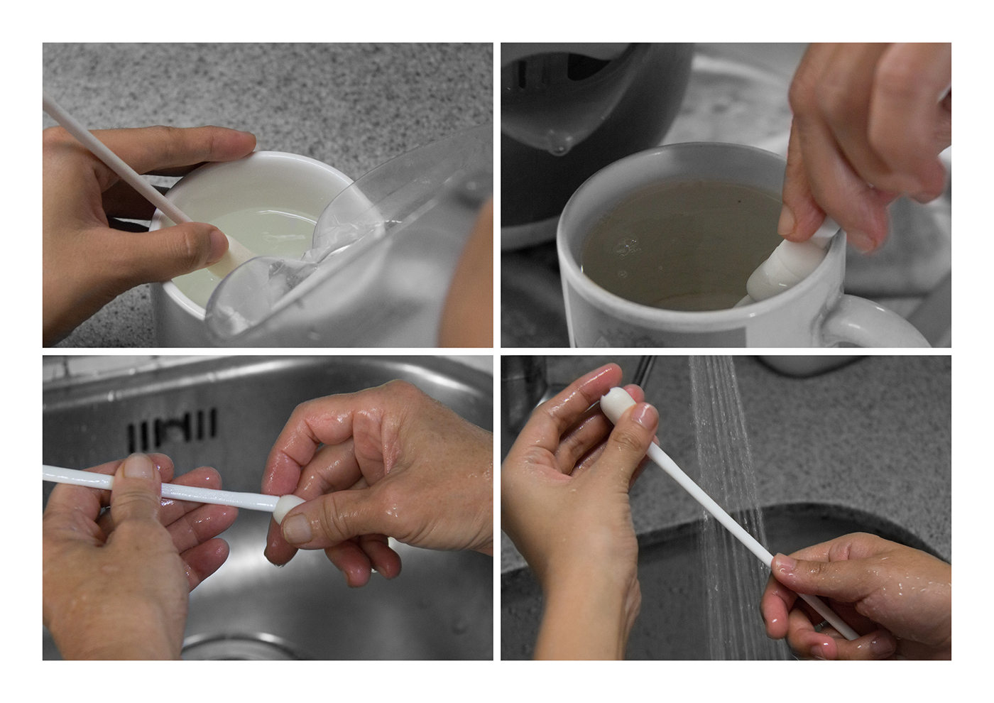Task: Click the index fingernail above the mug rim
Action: (x=787, y=222)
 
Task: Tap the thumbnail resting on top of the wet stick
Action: (x=138, y=468)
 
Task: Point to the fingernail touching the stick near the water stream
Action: (x=785, y=565)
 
